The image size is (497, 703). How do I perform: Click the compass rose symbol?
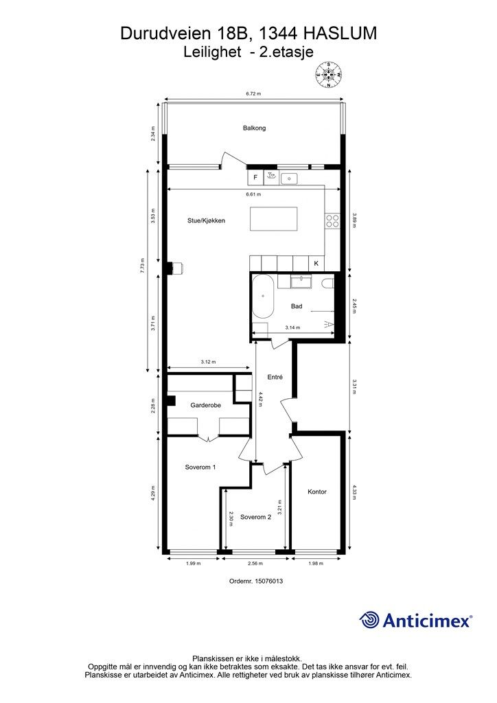(329, 74)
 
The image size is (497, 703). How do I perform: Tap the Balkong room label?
(254, 128)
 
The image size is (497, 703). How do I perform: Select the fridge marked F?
(255, 178)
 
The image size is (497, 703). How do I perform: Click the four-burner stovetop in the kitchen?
(332, 220)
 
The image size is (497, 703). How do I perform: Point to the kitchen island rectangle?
(274, 219)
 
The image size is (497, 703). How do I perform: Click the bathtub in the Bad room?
(263, 297)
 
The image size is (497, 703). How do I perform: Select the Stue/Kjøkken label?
(206, 220)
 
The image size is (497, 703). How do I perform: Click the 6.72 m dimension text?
(253, 93)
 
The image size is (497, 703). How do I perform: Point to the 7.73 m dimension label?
(143, 266)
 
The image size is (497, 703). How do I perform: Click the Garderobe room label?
(206, 405)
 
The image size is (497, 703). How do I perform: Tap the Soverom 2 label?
(256, 517)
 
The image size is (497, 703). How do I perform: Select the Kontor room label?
(317, 492)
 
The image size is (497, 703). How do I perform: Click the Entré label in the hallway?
(275, 378)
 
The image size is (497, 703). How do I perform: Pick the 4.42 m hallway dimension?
(259, 399)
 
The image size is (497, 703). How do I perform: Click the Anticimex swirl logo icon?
(369, 620)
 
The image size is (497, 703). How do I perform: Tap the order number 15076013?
(269, 581)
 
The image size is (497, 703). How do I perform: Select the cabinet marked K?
(316, 263)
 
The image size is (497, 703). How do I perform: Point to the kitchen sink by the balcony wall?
(289, 179)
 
